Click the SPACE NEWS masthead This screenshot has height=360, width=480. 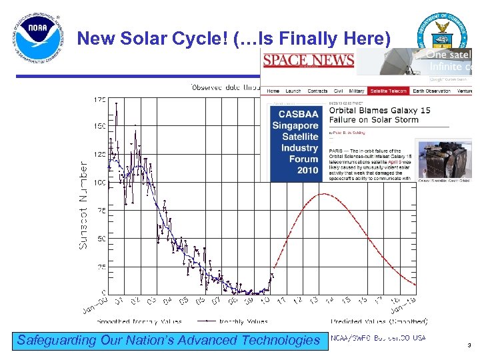[309, 61]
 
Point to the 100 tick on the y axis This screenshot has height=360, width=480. [98, 182]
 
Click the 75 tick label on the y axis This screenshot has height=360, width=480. [100, 210]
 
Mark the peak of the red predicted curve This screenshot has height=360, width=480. [323, 193]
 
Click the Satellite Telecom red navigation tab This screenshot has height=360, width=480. [389, 91]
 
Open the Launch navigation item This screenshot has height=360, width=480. [293, 91]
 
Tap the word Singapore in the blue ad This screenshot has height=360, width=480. [295, 125]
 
